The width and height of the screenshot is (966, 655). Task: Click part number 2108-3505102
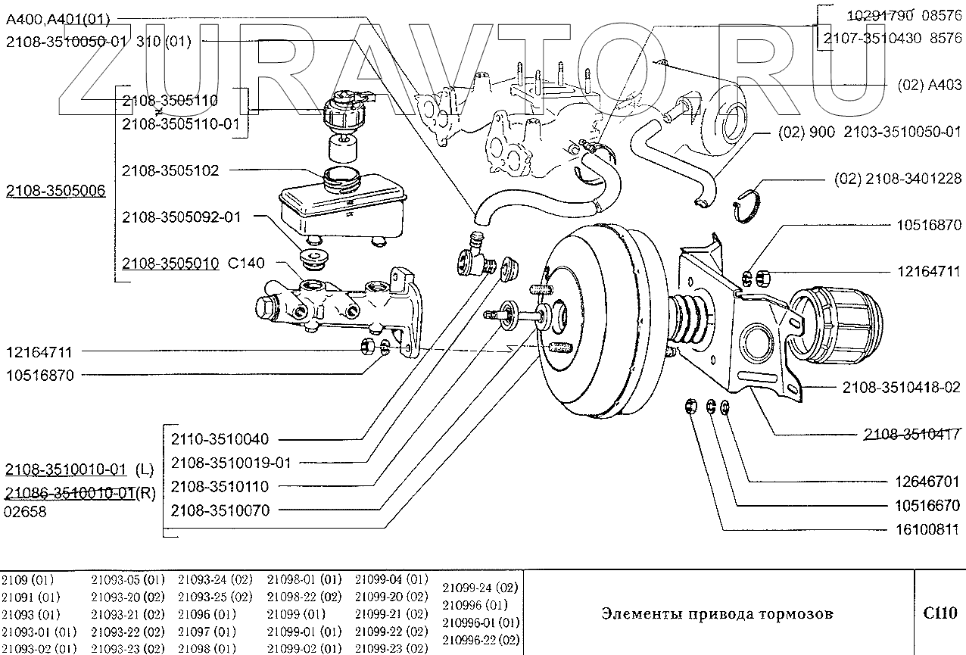(x=170, y=171)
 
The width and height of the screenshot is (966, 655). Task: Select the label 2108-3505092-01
(x=181, y=217)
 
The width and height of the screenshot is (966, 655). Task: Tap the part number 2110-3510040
(x=220, y=439)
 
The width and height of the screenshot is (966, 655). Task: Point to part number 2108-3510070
(x=220, y=510)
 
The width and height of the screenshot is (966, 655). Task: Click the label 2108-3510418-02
(x=901, y=387)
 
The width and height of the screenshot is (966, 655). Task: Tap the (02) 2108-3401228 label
(x=898, y=179)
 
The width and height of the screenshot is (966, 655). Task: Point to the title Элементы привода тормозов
(x=716, y=613)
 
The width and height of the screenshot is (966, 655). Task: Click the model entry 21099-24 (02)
(x=480, y=588)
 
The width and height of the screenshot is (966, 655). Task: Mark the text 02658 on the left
(x=26, y=511)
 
